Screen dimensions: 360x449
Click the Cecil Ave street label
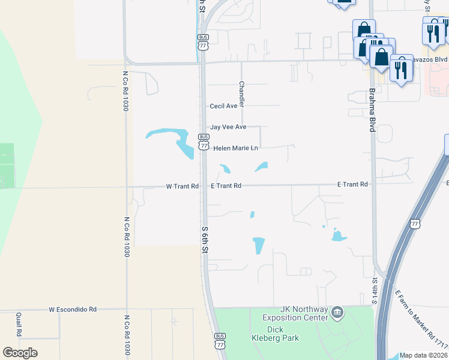223,106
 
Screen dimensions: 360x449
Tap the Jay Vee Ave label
228,127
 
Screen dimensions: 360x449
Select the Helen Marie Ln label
236,148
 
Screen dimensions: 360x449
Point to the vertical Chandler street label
241,94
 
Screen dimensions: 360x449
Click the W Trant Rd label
182,187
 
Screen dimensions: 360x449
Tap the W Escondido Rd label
73,310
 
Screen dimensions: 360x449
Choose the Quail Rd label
20,325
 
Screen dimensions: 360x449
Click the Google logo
20,353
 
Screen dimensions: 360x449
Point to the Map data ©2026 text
424,355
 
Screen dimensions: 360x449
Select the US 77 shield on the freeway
415,223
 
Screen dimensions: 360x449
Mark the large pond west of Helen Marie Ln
174,139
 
